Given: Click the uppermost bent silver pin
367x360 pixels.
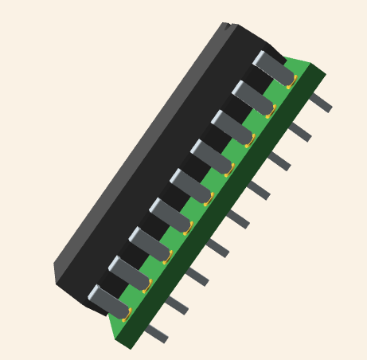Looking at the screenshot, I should pyautogui.click(x=274, y=68).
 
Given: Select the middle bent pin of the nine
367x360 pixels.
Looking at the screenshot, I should pyautogui.click(x=191, y=185).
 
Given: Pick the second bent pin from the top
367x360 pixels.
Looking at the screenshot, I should pyautogui.click(x=253, y=97).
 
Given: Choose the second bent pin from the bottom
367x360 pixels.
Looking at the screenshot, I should pyautogui.click(x=129, y=272).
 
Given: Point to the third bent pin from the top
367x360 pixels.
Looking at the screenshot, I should pyautogui.click(x=232, y=127).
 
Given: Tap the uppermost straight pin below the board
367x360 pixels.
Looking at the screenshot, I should pyautogui.click(x=320, y=102).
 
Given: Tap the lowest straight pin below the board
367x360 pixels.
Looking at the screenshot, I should pyautogui.click(x=156, y=334).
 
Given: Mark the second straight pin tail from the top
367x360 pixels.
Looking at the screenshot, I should pyautogui.click(x=299, y=131).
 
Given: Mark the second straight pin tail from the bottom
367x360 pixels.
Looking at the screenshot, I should pyautogui.click(x=176, y=305).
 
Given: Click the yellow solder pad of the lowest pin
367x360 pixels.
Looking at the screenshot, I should pyautogui.click(x=127, y=315).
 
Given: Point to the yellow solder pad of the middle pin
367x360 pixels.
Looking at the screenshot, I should pyautogui.click(x=209, y=199).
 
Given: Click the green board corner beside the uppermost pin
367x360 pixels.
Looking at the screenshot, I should pyautogui.click(x=306, y=65).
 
